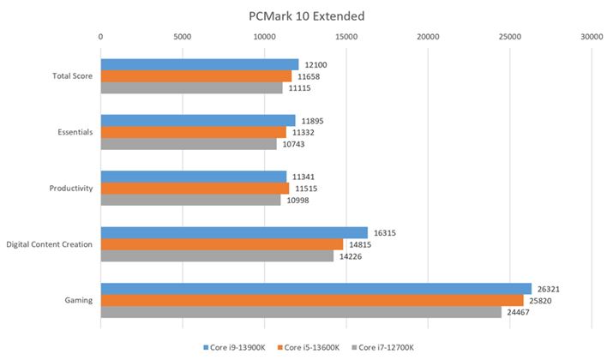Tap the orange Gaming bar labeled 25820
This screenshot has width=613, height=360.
(x=312, y=300)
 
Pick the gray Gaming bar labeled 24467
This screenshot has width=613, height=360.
(x=301, y=311)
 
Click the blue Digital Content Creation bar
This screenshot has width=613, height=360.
(x=234, y=232)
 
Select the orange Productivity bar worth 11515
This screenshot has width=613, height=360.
(x=195, y=188)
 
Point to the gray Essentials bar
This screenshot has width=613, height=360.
(x=189, y=144)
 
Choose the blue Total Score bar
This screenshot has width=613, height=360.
(x=200, y=64)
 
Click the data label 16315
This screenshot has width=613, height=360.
(x=384, y=232)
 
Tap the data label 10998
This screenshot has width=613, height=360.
(x=297, y=200)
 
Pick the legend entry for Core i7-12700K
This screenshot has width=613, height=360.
(x=386, y=347)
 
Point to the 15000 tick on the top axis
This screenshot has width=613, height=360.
(x=346, y=36)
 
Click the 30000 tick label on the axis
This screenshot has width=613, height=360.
(x=591, y=36)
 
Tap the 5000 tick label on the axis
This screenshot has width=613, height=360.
(x=182, y=36)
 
